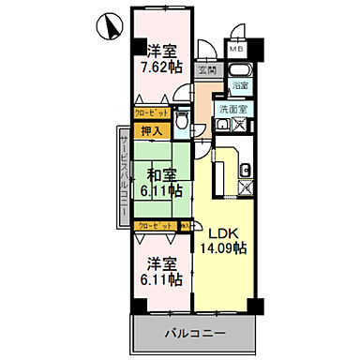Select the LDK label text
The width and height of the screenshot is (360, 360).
click(x=221, y=233)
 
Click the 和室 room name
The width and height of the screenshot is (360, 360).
click(x=161, y=174)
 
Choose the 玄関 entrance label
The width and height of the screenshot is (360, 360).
click(x=206, y=68)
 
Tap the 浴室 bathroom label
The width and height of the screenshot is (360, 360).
click(x=242, y=85)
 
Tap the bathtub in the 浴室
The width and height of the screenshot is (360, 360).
click(x=241, y=69)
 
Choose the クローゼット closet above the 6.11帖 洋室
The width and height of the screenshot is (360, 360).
click(x=154, y=225)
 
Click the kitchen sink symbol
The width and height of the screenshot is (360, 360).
click(x=245, y=171)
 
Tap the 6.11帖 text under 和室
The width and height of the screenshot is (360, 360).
click(x=161, y=190)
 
